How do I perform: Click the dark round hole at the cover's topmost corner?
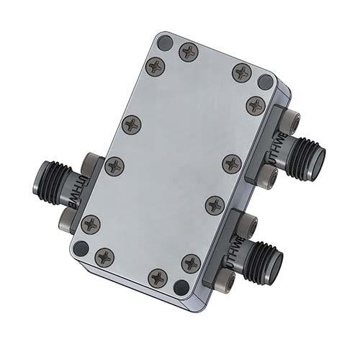click(165, 42)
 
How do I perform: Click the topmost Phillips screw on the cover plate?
click(189, 51)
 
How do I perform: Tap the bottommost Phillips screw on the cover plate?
click(158, 277)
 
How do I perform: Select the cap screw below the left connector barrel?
click(68, 215)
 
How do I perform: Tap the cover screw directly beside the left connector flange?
click(114, 166)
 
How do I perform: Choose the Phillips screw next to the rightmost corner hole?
click(256, 105)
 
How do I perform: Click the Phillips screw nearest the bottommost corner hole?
click(191, 262)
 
